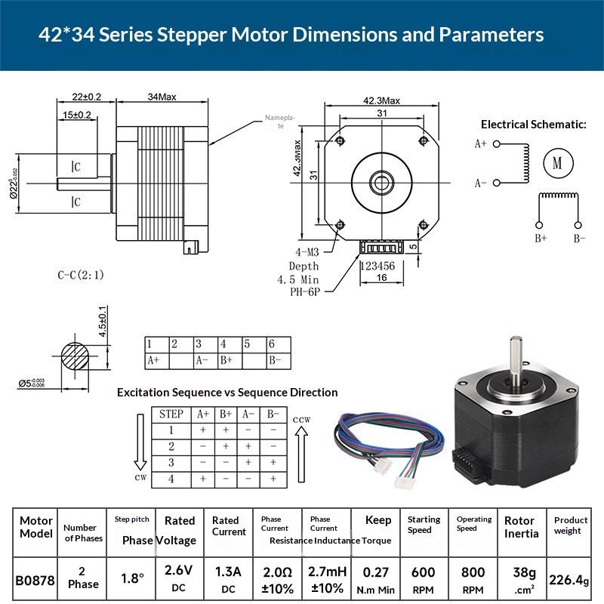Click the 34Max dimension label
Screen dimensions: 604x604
(x=162, y=97)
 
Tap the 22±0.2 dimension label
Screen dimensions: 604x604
(x=87, y=97)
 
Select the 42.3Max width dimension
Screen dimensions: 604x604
(x=381, y=100)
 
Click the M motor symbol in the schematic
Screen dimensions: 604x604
(x=558, y=163)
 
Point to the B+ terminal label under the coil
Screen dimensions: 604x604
(x=541, y=239)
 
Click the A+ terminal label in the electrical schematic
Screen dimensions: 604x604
(x=480, y=143)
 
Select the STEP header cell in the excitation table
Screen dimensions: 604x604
(x=171, y=414)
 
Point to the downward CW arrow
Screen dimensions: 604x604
(x=140, y=445)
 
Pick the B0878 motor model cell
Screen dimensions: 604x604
(x=35, y=581)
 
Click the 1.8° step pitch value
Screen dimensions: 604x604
(x=132, y=578)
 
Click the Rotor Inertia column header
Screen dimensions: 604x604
(x=522, y=527)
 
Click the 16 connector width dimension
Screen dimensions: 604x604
(x=381, y=278)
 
